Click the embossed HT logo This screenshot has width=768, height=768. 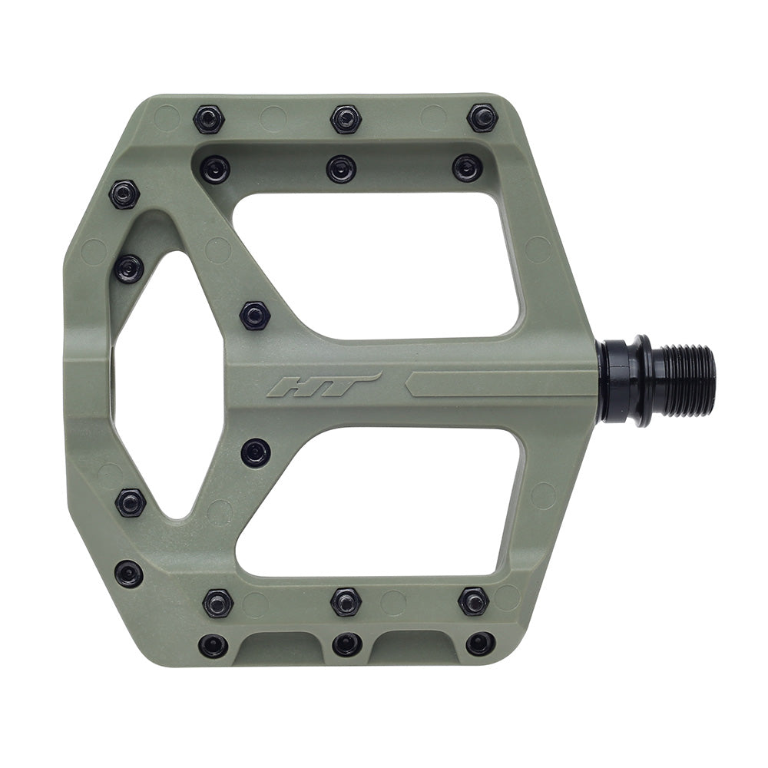coord(323,385)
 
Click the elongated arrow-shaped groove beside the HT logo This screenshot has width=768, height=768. coord(499,384)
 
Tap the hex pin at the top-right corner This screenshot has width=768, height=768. coord(482,118)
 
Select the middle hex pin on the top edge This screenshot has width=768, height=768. coord(346,119)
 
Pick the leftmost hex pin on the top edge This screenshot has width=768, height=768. coord(208,119)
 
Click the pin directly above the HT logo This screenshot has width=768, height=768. coord(254,315)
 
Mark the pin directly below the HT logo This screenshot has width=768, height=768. coord(255,452)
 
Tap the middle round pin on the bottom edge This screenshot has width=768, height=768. coord(347,644)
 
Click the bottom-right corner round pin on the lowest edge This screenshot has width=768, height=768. coord(481,644)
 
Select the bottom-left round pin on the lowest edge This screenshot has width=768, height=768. coord(213,645)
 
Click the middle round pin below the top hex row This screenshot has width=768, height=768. coord(341,168)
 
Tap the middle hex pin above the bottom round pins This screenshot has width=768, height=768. coord(346,602)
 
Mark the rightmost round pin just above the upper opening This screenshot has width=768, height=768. coord(467,167)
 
